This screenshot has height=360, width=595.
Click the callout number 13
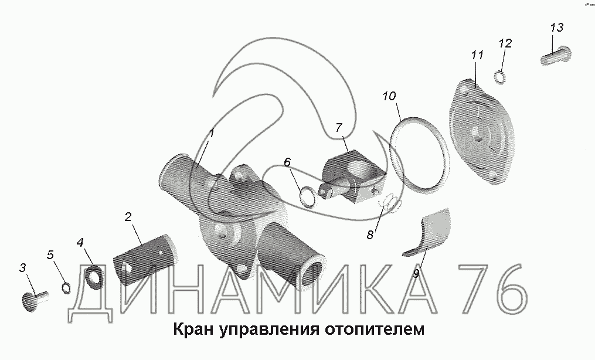pos(557,28)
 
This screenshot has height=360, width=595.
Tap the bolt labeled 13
pos(556,55)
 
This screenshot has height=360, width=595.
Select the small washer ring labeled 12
pos(500,77)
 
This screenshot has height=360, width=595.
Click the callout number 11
pos(477,55)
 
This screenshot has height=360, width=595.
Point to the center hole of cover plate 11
pos(477,133)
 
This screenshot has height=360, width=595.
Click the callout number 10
pos(389,96)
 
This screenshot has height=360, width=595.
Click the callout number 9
pos(416,273)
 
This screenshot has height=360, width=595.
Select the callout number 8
pos(370,235)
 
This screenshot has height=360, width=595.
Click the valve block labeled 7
pos(353,175)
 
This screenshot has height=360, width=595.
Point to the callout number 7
pos(338,127)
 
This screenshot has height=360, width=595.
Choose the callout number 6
pos(287,162)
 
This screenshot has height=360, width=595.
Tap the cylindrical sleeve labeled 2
pos(146,260)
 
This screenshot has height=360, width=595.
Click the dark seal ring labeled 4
pos(93,277)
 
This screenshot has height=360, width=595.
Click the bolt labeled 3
pos(35,300)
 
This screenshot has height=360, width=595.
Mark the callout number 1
pos(212,134)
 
